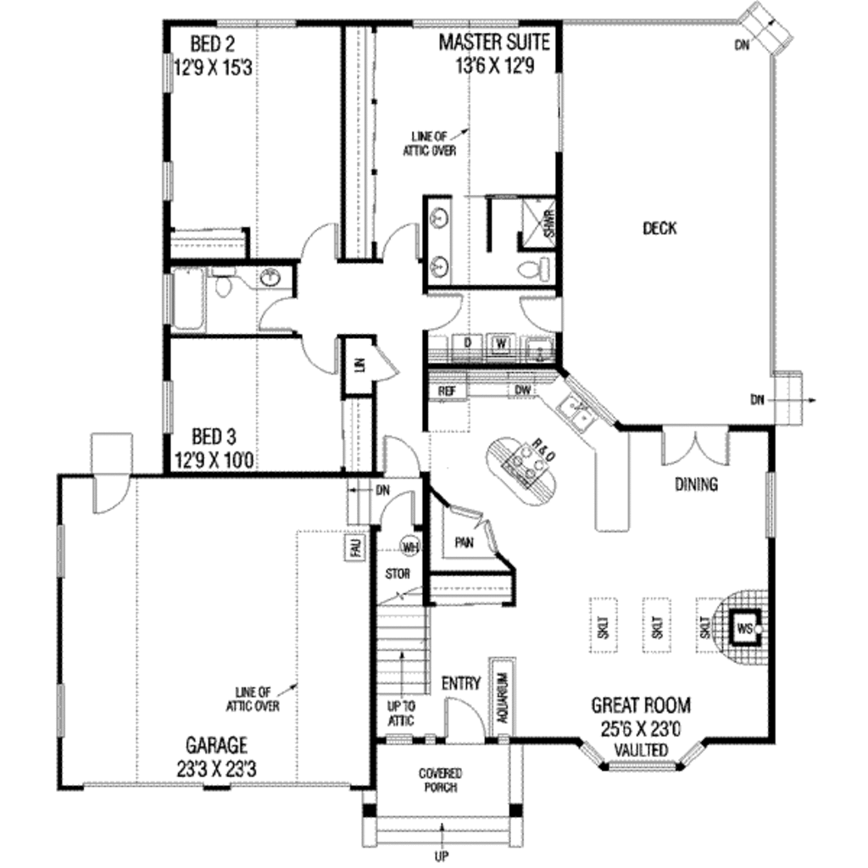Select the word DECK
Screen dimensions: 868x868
click(659, 228)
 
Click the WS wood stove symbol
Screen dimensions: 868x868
click(744, 628)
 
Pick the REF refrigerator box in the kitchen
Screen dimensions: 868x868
click(447, 392)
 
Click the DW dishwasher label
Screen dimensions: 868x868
click(522, 390)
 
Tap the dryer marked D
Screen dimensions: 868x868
click(466, 343)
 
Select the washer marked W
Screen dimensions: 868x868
click(502, 343)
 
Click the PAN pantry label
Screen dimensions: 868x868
click(463, 541)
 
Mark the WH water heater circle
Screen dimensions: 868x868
click(411, 547)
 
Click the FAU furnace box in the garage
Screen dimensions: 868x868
click(354, 548)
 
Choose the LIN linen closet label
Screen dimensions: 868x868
click(359, 364)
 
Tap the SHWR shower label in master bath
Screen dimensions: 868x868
click(548, 223)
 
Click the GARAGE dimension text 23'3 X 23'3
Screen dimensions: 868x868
click(216, 767)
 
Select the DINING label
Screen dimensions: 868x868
click(696, 485)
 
